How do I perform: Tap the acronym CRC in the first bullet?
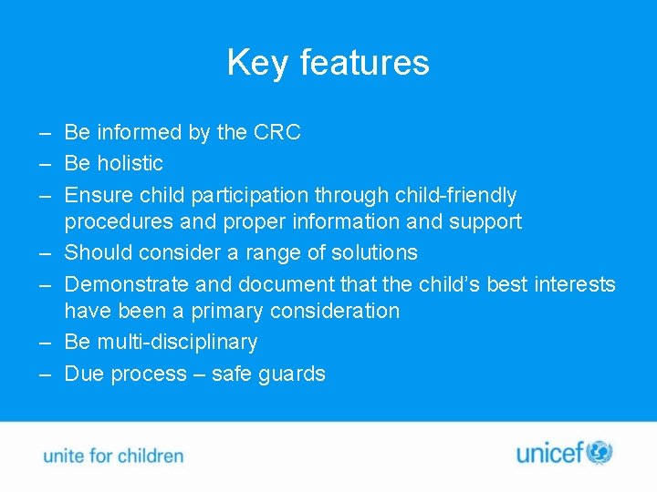[x=276, y=132]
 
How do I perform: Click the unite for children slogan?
[x=113, y=456]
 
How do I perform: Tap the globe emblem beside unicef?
[x=600, y=452]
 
